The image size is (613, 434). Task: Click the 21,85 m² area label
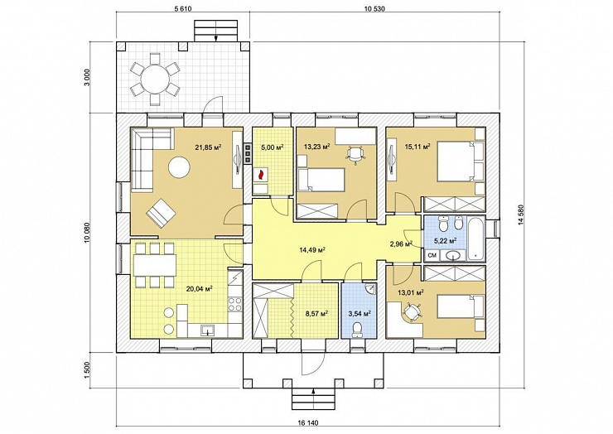(x=209, y=147)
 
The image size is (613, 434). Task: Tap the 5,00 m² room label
(x=272, y=147)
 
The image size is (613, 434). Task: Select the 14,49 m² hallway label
(x=312, y=250)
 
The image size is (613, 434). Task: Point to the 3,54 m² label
(x=360, y=313)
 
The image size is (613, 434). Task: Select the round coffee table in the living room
(x=179, y=168)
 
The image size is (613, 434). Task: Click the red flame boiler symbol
(x=260, y=175)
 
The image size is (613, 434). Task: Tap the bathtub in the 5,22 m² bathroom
(x=475, y=239)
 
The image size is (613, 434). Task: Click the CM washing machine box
(x=432, y=256)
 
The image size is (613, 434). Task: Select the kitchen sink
(x=207, y=330)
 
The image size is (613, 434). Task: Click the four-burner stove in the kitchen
(x=234, y=304)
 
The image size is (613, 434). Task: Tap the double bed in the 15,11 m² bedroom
(x=460, y=162)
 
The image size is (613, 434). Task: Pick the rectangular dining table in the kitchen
(x=154, y=266)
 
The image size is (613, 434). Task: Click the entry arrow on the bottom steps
(x=313, y=392)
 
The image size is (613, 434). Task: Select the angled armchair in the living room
(x=161, y=212)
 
